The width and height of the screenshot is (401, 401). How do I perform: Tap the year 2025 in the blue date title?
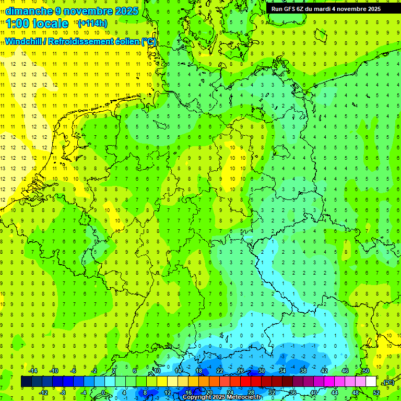coord(126,11)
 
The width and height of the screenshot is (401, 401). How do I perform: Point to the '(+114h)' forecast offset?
coord(92,23)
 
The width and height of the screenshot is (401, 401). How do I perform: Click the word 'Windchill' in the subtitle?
coord(24,42)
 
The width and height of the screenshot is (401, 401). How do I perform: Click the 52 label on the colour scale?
coord(376,393)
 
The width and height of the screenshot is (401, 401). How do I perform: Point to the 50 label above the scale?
coord(365,371)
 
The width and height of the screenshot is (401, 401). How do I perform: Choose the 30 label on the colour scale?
coord(262,371)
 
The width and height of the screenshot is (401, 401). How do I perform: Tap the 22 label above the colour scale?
coord(220,371)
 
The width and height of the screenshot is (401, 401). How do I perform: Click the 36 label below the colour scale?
coord(292,393)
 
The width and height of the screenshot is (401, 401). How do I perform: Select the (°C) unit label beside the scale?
coord(388,382)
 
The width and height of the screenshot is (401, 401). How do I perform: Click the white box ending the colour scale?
coord(371,382)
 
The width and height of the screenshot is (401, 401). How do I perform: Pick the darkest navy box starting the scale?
coord(26,382)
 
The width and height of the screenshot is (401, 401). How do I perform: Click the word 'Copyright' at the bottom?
coord(197,397)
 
